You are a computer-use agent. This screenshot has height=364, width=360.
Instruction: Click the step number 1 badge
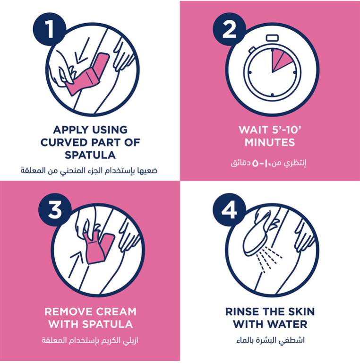pyautogui.click(x=49, y=29)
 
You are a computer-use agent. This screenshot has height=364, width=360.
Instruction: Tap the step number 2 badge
pyautogui.click(x=229, y=29)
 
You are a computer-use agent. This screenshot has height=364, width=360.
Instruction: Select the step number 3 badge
pyautogui.click(x=55, y=209)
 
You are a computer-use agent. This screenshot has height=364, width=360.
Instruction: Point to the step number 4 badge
pyautogui.click(x=229, y=209)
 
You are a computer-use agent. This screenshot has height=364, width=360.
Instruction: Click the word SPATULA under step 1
pyautogui.click(x=90, y=155)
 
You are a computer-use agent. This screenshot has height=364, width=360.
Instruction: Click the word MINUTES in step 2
pyautogui.click(x=270, y=142)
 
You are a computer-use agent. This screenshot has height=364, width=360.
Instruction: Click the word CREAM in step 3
pyautogui.click(x=116, y=312)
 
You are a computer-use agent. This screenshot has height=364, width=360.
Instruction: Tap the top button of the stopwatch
pyautogui.click(x=272, y=38)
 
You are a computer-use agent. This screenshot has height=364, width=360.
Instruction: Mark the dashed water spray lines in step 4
pyautogui.click(x=269, y=260)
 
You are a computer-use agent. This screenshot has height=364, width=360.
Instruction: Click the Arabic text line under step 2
pyautogui.click(x=268, y=163)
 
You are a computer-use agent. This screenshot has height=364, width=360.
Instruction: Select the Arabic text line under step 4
pyautogui.click(x=270, y=340)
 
